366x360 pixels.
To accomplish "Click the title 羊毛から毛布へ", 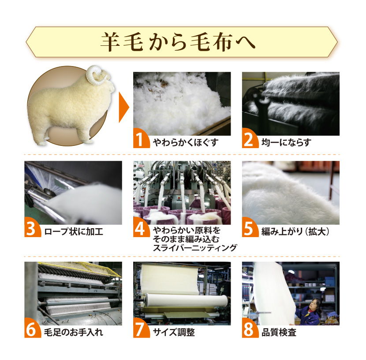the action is click(178, 42).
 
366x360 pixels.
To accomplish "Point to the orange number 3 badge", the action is click(32, 228).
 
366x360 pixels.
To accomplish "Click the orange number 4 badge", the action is click(141, 228).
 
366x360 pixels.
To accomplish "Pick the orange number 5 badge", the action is click(250, 228).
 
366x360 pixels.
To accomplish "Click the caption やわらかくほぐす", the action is click(186, 142).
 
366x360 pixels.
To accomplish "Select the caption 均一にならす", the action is click(286, 142).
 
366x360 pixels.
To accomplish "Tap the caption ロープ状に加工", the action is click(74, 232).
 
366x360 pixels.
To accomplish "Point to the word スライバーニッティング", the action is click(195, 248).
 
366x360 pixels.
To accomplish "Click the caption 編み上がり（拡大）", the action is click(295, 232).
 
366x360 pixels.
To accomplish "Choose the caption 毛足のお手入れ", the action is click(74, 332).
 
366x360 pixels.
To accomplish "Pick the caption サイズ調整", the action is click(174, 332).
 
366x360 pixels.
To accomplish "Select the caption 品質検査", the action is click(279, 332).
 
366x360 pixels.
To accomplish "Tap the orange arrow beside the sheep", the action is click(124, 108).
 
